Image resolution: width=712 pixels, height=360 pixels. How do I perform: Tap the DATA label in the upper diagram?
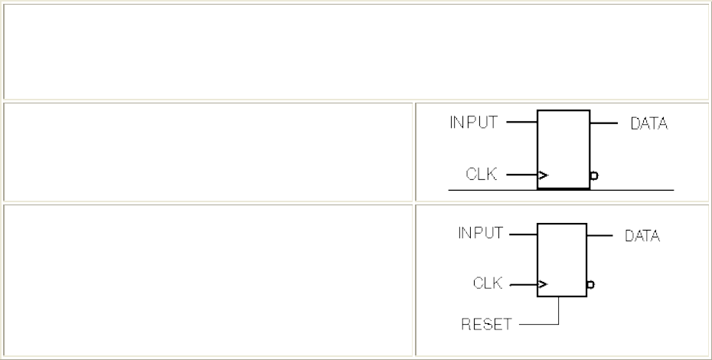[649, 123]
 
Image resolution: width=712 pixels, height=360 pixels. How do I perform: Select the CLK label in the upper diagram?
[482, 174]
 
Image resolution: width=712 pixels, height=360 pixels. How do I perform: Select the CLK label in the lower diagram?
[487, 284]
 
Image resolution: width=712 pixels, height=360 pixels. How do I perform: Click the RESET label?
[485, 324]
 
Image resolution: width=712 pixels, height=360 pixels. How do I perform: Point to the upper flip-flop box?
[563, 149]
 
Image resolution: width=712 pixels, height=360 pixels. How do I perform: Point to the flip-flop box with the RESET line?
[561, 260]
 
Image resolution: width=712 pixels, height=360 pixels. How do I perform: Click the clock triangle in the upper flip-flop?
[543, 175]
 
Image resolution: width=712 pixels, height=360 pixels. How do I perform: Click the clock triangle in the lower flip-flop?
[543, 286]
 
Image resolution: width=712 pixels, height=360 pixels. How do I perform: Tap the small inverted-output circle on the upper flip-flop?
[593, 175]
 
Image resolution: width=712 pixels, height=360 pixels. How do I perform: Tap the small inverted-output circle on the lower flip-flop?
[590, 286]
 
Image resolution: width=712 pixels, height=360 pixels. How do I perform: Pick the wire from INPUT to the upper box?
[522, 121]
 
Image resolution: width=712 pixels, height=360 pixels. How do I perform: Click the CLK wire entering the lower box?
[523, 286]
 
